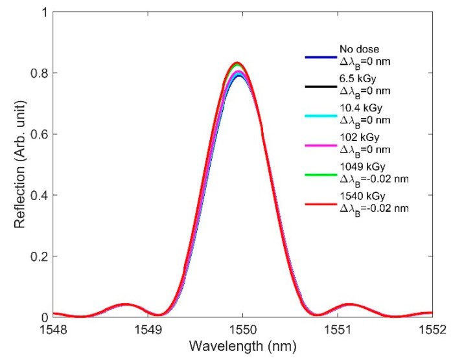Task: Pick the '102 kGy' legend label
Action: (354, 142)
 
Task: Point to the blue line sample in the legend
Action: (319, 57)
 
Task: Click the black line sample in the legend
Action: (319, 87)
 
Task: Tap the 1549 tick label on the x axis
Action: (148, 330)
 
